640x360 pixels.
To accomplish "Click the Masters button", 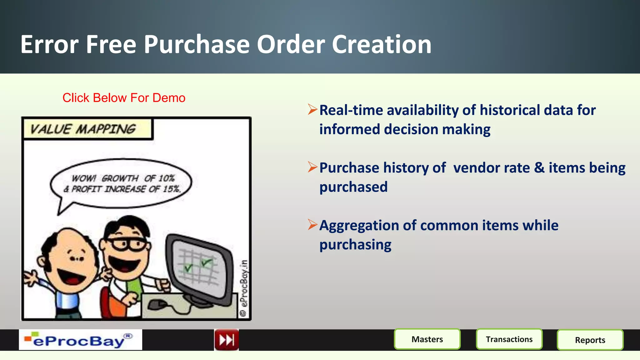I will [x=427, y=339].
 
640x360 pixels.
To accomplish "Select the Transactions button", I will [x=509, y=339].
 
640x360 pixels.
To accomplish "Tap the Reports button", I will [x=590, y=340].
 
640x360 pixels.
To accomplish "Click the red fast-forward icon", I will [x=227, y=340].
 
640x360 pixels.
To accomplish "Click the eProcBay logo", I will [x=80, y=340].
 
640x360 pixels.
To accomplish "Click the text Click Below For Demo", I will [x=124, y=98].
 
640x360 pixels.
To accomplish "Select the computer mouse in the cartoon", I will [x=156, y=305].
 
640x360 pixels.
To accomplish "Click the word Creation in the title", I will [x=381, y=44].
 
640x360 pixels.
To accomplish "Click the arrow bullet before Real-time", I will [x=312, y=109].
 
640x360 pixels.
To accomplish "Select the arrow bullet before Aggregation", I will [x=312, y=224].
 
